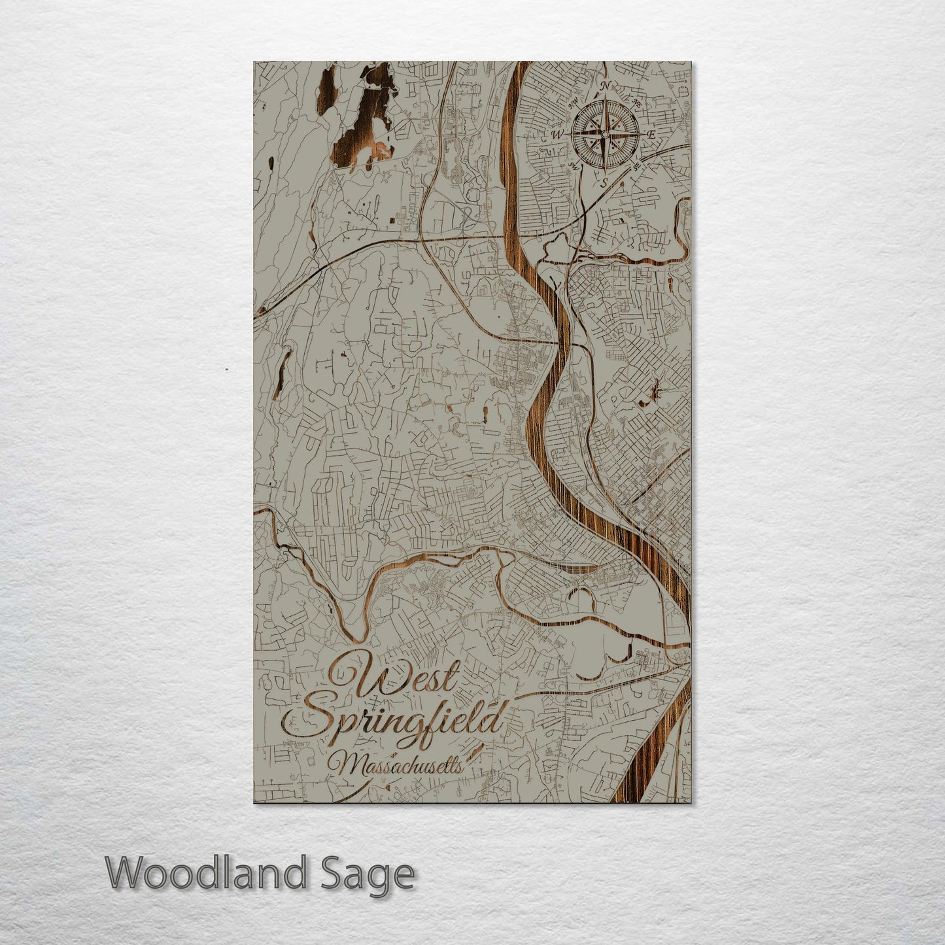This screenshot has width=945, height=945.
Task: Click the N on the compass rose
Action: tap(605, 86)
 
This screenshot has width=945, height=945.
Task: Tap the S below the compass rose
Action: tap(604, 182)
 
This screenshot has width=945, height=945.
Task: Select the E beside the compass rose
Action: tap(652, 134)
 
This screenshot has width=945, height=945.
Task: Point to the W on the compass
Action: tap(557, 135)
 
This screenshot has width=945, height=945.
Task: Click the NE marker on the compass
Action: tap(636, 102)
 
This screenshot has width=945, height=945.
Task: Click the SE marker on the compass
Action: tap(636, 166)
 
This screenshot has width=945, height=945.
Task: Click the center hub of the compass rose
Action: tap(605, 135)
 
